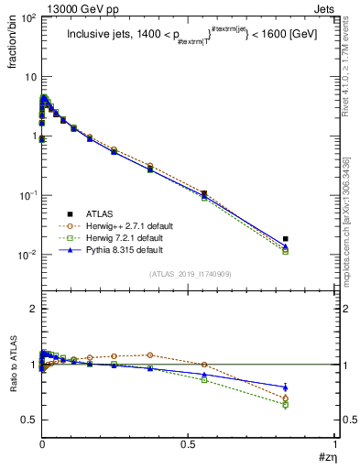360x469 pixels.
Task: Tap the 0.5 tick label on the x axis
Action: tap(188, 443)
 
